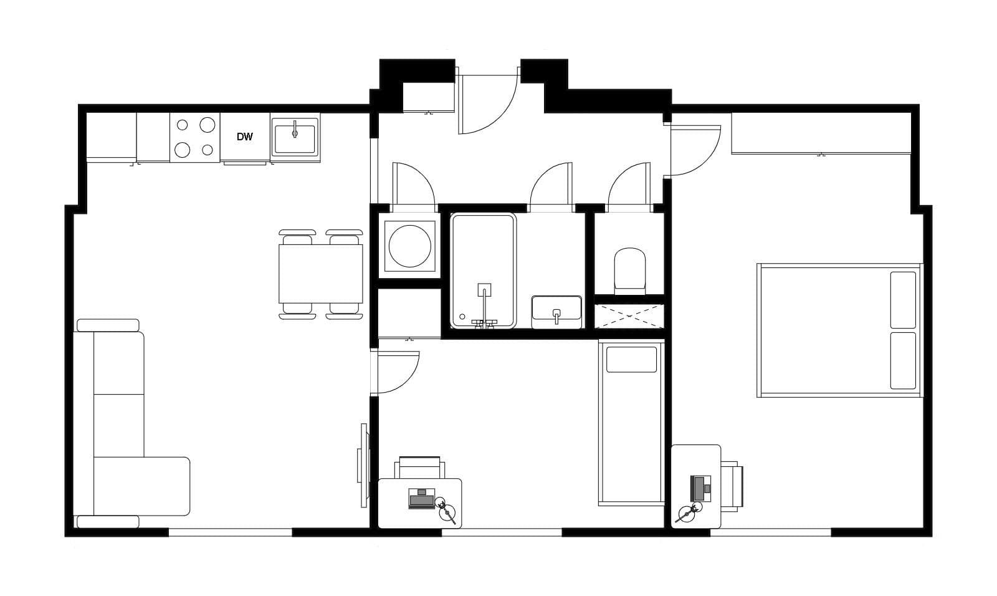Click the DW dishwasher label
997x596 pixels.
245,137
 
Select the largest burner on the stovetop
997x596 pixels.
208,125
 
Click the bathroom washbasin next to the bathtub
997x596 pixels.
556,311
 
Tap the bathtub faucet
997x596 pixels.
484,305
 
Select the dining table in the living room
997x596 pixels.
321,274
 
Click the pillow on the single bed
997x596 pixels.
631,359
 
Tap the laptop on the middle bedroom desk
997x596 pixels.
421,499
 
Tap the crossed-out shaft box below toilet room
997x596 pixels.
629,316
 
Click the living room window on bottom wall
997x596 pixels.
230,532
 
